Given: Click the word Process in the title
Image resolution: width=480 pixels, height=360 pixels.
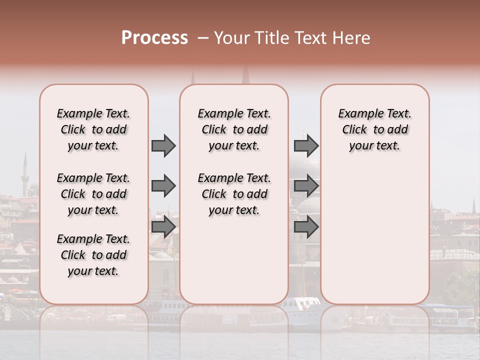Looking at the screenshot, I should [x=154, y=38].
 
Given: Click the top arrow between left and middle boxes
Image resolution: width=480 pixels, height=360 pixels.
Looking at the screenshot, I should [x=163, y=145].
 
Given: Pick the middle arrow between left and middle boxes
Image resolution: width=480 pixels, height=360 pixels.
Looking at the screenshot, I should [x=163, y=186].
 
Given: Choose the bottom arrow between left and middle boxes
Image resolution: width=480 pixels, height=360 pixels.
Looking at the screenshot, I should [x=163, y=226].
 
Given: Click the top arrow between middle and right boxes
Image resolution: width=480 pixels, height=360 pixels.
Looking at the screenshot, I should [x=306, y=145].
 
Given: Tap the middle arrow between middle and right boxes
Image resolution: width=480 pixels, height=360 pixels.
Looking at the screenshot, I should [x=306, y=186].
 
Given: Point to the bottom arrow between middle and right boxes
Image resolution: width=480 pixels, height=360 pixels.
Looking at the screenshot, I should [x=306, y=226].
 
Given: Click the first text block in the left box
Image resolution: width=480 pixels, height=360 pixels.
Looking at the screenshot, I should [x=93, y=129].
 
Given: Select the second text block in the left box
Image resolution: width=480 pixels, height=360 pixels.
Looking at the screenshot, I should [x=93, y=194].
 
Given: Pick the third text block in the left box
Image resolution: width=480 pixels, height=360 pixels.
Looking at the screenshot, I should [x=93, y=255].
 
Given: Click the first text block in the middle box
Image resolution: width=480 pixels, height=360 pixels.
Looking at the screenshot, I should [x=234, y=129].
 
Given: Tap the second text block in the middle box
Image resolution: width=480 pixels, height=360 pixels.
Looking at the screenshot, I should [x=234, y=194].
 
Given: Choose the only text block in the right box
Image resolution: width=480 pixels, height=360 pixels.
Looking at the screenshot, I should [x=374, y=129].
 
